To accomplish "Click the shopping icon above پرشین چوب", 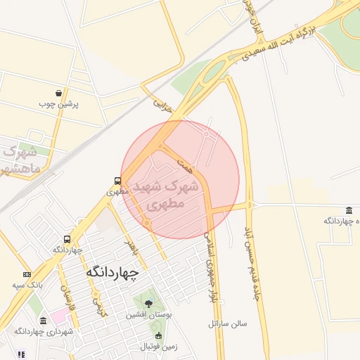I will (58, 93).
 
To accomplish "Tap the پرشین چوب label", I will (59, 104).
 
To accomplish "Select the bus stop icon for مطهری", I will (118, 180).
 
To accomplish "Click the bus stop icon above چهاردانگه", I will (67, 239).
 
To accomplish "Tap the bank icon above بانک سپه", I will (27, 274).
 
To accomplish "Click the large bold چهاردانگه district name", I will (112, 271).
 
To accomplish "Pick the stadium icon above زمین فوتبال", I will (158, 335).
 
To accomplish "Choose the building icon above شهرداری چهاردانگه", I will (44, 321).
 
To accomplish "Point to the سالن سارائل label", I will (229, 324).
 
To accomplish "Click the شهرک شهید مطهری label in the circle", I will (172, 195).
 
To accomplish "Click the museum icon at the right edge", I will (349, 211).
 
